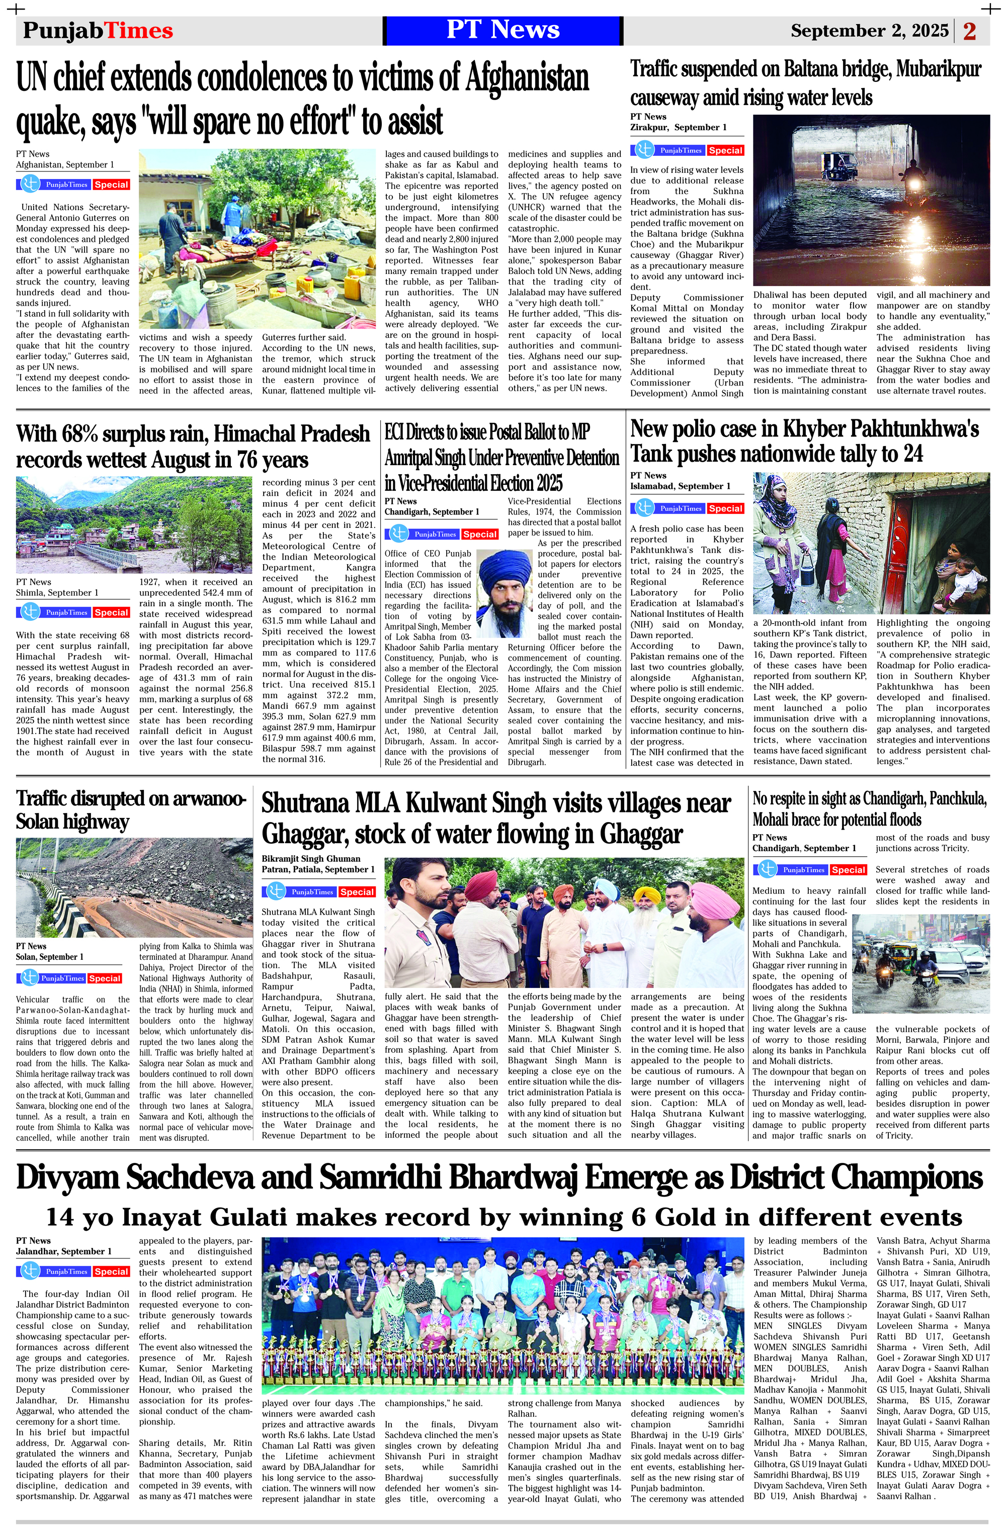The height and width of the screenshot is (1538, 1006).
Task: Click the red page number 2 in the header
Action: (969, 31)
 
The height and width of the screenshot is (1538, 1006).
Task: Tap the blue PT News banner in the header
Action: (502, 30)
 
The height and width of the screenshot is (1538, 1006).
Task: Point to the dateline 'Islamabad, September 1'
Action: (680, 486)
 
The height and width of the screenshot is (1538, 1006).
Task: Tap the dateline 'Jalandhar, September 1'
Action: (63, 1251)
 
